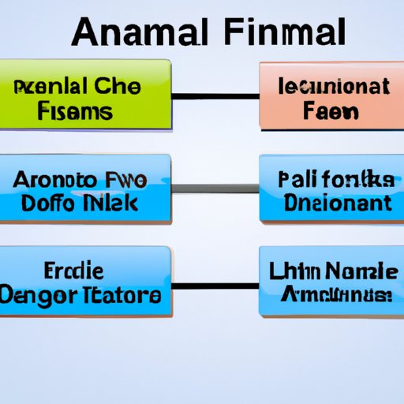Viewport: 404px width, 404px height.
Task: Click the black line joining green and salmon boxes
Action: coord(215,96)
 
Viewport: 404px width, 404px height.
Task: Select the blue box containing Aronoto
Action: coord(85,188)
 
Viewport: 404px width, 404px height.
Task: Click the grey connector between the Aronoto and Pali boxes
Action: coord(215,188)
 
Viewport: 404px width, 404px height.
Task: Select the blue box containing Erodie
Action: coord(85,282)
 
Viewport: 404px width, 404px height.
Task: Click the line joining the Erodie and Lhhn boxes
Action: coord(215,284)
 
